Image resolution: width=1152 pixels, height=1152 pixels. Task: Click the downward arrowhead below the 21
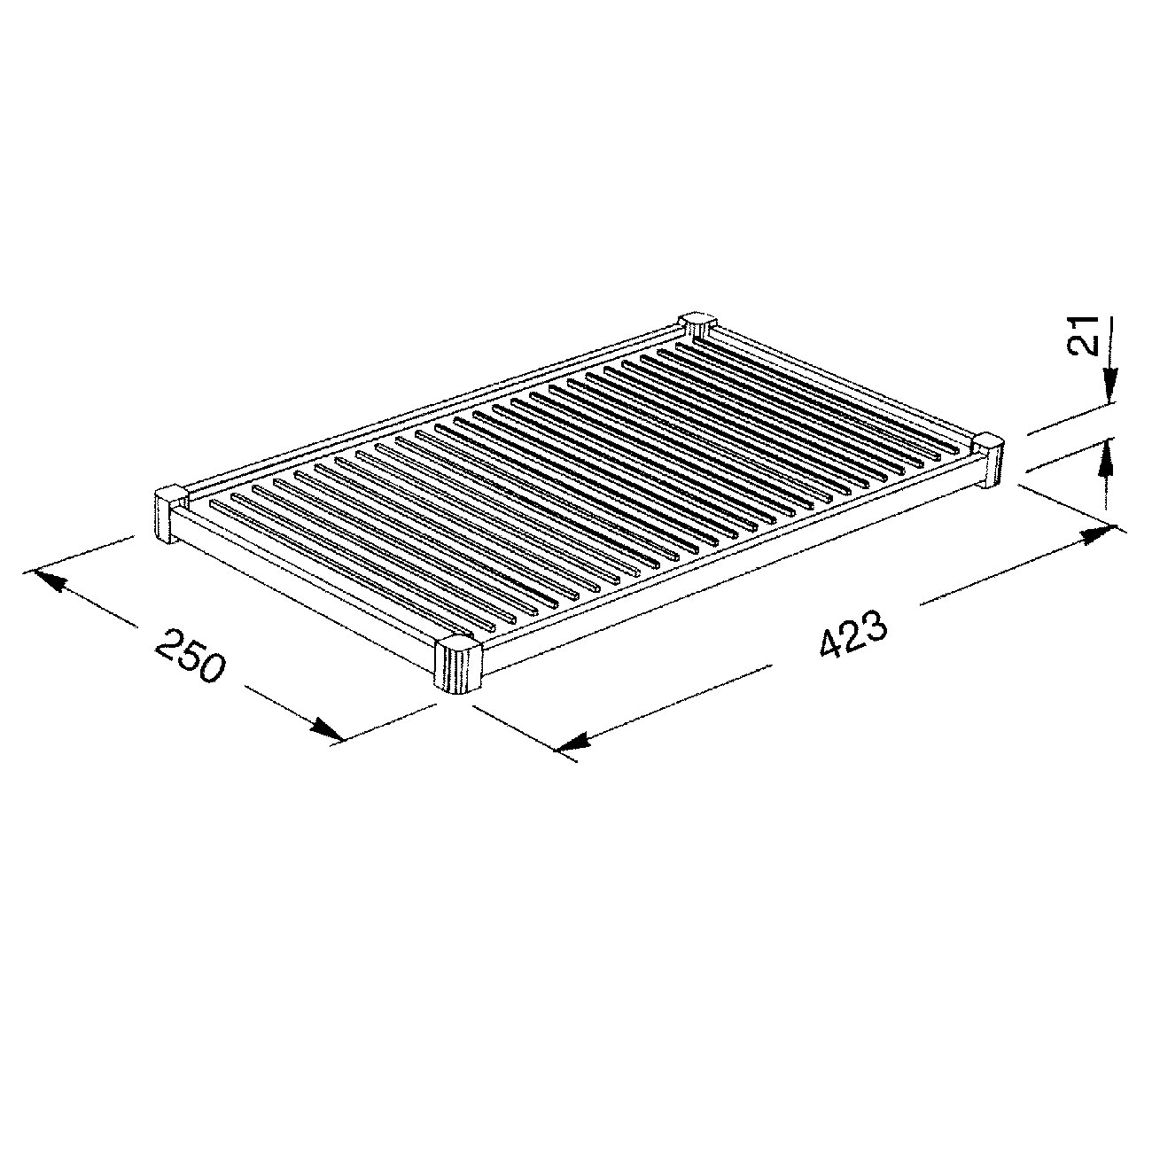click(x=1108, y=389)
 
